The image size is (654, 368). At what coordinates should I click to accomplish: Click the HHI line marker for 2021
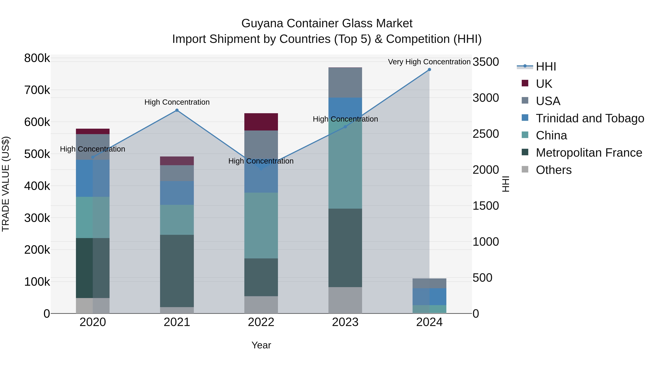(x=177, y=110)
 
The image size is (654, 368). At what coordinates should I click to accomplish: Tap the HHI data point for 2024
(x=429, y=70)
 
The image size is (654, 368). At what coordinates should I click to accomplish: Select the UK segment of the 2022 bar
(x=261, y=122)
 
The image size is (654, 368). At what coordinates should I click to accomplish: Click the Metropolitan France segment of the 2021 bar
(x=177, y=271)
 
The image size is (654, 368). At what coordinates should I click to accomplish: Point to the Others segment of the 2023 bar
(x=345, y=300)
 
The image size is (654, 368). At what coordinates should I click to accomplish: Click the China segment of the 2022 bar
(x=261, y=226)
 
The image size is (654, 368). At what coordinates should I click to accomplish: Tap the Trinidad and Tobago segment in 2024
(x=429, y=297)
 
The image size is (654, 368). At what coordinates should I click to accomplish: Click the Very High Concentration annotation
(x=429, y=62)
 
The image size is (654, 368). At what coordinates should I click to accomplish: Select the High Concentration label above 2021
(x=177, y=102)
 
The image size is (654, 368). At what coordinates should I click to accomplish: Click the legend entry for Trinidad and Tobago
(x=590, y=118)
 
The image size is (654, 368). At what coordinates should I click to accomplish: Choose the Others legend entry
(x=554, y=170)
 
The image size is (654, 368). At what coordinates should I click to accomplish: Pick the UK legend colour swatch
(x=525, y=83)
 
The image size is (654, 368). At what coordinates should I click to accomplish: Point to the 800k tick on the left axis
(x=37, y=58)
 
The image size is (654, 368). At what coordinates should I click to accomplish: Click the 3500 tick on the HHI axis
(x=486, y=62)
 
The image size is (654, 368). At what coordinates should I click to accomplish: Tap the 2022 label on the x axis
(x=261, y=322)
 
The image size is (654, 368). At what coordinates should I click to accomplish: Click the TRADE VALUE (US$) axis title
(x=6, y=184)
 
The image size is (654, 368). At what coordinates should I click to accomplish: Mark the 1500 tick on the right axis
(x=486, y=206)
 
